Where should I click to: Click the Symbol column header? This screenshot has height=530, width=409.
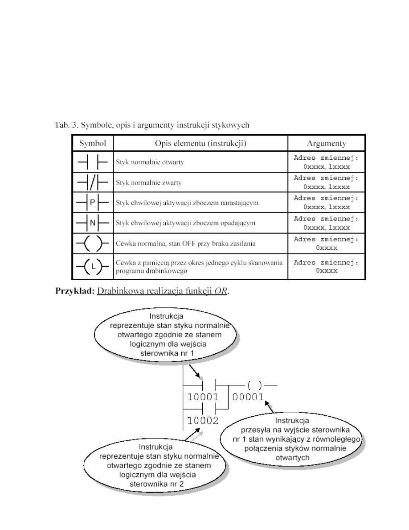(x=93, y=143)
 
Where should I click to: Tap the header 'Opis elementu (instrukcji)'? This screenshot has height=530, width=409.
(x=200, y=143)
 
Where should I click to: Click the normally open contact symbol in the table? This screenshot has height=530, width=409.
(x=93, y=162)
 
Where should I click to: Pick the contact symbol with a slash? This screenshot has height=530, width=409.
(x=93, y=182)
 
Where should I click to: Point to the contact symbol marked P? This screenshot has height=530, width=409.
(x=93, y=202)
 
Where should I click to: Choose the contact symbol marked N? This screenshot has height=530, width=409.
(x=93, y=222)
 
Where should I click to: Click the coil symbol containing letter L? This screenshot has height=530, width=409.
(x=93, y=267)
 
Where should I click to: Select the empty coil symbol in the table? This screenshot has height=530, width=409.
(x=93, y=244)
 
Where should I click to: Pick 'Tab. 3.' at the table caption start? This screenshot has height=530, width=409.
(x=64, y=125)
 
